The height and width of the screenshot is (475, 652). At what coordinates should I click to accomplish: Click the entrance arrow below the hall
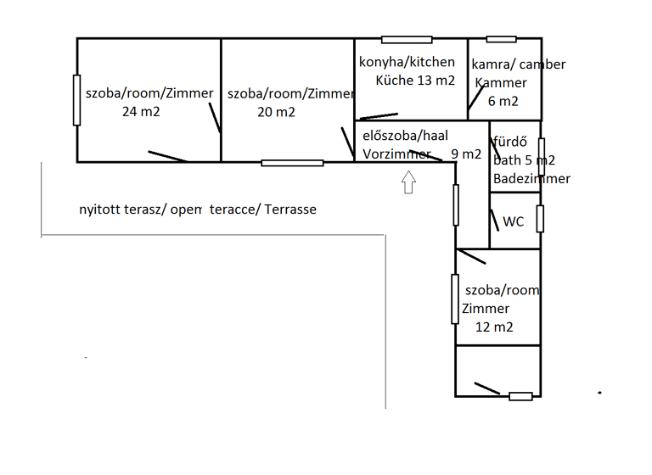pos(408,182)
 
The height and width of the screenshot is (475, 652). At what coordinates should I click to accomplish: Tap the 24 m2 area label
pos(141,111)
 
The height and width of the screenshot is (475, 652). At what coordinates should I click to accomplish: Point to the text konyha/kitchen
pos(401,62)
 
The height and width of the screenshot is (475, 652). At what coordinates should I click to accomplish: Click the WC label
pos(514,222)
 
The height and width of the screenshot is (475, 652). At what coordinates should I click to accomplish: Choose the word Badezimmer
pos(531,178)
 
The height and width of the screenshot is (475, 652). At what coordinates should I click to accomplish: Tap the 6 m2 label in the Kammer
pos(503,101)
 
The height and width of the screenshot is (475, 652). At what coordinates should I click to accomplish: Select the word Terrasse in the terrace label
pos(290,210)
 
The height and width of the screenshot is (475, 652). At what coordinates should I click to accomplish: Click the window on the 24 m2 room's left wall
pos(77,100)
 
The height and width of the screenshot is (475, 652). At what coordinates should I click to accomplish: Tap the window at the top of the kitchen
pos(407,39)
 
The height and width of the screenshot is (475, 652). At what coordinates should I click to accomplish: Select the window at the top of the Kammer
pos(501,39)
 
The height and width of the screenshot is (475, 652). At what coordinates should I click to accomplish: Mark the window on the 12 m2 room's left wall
pos(455,299)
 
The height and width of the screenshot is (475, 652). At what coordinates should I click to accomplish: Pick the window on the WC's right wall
pos(540,218)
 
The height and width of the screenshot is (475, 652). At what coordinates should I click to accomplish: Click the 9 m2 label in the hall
pos(466,154)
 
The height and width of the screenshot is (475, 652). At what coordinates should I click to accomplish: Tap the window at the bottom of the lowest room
pos(520,396)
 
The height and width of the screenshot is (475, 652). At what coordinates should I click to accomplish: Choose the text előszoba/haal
pos(405,135)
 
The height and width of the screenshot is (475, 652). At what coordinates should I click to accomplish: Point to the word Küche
pos(392,81)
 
